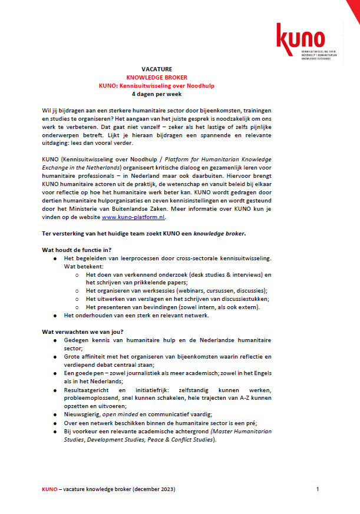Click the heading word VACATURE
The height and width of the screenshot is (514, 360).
coord(157,69)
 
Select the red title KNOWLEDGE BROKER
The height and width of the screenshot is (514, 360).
coord(157,77)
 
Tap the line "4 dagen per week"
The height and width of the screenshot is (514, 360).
coord(157,94)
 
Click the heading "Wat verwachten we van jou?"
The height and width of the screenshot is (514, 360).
coord(82,331)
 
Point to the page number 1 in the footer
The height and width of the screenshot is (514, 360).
coord(318,489)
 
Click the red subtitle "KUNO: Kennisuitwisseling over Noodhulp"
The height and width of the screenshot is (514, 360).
coord(157,85)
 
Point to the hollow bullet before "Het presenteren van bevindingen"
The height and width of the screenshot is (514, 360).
coord(78,307)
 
